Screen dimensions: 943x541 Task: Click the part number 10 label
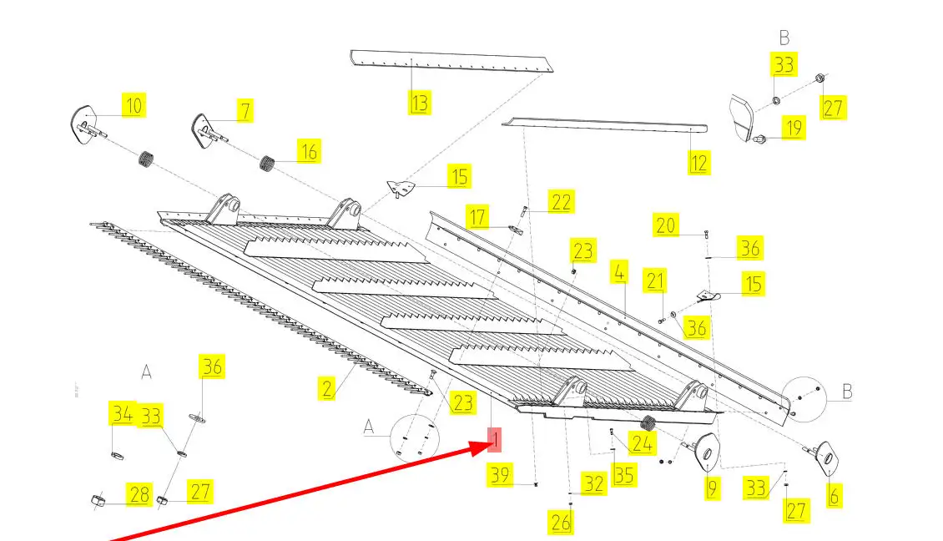point(134,105)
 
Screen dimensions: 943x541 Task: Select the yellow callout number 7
point(245,111)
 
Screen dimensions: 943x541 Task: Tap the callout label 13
point(419,103)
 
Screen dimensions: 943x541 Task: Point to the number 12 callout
point(698,163)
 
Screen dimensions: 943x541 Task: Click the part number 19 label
point(794,128)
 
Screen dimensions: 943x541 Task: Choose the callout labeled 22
point(561,201)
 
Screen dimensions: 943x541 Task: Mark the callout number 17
point(477,216)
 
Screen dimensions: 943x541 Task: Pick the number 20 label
point(666,225)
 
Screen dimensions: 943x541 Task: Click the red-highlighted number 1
point(494,440)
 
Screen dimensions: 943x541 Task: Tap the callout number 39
point(500,475)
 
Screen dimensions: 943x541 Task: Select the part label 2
point(326,388)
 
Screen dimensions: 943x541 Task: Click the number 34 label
point(122,413)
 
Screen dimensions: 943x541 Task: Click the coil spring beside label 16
point(267,163)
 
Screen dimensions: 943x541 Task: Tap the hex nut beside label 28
point(98,499)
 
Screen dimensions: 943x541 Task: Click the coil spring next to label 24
point(647,423)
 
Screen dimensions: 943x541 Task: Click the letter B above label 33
point(784,38)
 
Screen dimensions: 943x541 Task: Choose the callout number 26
point(561,523)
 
